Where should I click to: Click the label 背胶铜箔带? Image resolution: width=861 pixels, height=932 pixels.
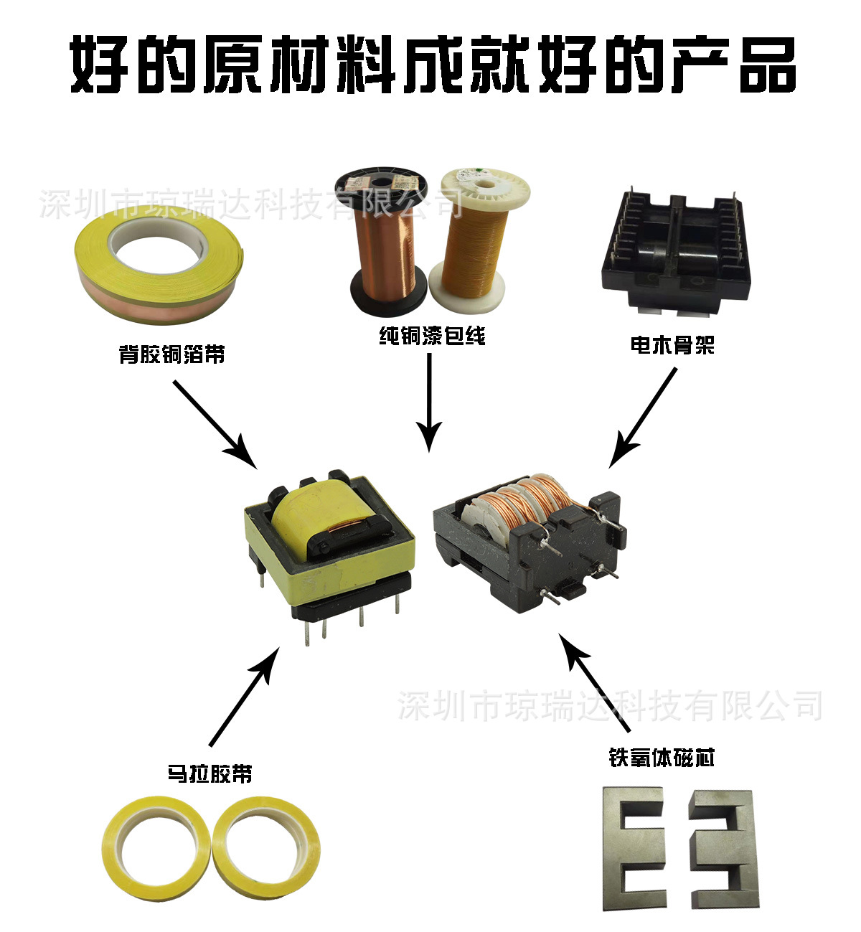[171, 354]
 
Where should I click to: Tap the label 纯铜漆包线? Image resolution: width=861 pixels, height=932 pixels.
[432, 336]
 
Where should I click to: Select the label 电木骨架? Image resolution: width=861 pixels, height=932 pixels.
[672, 345]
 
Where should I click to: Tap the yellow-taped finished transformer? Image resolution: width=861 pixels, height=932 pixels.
[329, 554]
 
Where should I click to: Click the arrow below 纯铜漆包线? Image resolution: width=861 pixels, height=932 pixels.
[429, 403]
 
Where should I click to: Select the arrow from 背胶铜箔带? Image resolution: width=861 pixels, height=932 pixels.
[215, 425]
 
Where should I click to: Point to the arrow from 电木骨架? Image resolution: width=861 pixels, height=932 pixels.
[643, 418]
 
